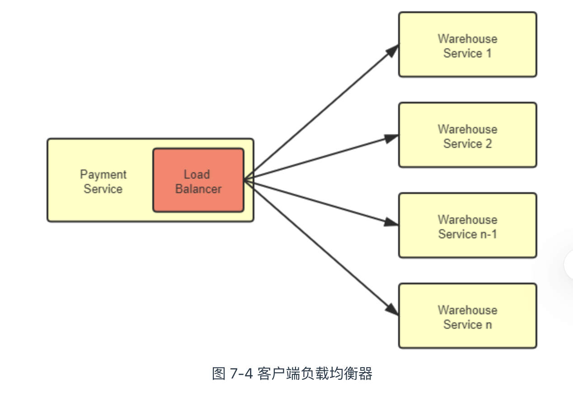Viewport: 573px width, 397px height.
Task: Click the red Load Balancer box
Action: click(198, 180)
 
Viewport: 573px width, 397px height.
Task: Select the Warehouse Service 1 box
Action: click(467, 45)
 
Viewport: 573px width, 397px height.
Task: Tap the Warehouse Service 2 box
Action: click(467, 135)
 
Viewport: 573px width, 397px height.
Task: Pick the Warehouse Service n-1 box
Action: click(467, 226)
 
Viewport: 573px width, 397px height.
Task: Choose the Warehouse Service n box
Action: click(467, 316)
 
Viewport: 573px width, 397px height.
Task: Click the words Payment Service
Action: click(103, 182)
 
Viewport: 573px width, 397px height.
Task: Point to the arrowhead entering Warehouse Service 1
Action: click(393, 49)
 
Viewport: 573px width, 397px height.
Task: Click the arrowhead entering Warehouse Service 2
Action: click(392, 137)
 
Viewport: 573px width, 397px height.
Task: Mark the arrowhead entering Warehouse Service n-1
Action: click(392, 222)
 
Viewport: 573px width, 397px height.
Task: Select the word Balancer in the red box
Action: click(198, 189)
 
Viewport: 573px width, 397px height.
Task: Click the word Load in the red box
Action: click(197, 175)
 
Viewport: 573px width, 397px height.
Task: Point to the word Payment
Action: click(103, 175)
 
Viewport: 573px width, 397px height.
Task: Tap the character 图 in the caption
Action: click(218, 374)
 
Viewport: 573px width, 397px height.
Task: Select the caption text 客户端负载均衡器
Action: click(315, 374)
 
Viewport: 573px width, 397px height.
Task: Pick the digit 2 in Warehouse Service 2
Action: click(488, 144)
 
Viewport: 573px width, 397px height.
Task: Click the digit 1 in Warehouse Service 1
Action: click(488, 53)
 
